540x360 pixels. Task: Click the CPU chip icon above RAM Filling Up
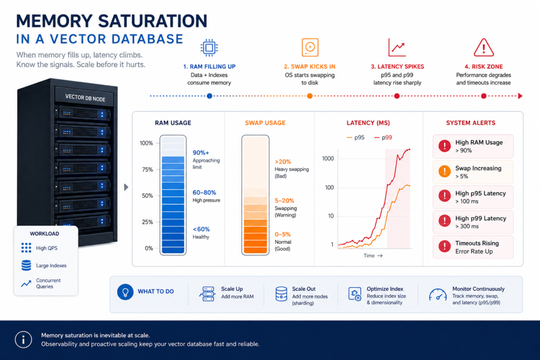(209, 47)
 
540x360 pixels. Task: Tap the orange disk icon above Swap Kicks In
(310, 47)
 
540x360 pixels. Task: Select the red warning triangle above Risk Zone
(484, 47)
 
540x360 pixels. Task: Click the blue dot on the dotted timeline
(209, 96)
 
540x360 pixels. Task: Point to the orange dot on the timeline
(310, 96)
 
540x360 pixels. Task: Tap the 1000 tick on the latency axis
(328, 158)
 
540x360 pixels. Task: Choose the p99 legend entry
(383, 138)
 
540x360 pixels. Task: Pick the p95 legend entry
(355, 138)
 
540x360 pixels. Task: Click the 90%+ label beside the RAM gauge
(201, 152)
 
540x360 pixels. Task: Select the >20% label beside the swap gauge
(283, 161)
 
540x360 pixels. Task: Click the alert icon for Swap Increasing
(445, 171)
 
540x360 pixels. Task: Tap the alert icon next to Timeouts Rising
(445, 246)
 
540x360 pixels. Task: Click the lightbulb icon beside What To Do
(126, 292)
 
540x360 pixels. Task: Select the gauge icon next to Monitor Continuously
(438, 295)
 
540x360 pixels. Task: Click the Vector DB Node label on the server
(85, 98)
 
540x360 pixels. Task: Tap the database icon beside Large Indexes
(26, 265)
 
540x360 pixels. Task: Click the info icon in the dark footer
(23, 339)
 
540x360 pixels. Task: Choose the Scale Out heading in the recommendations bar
(304, 289)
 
